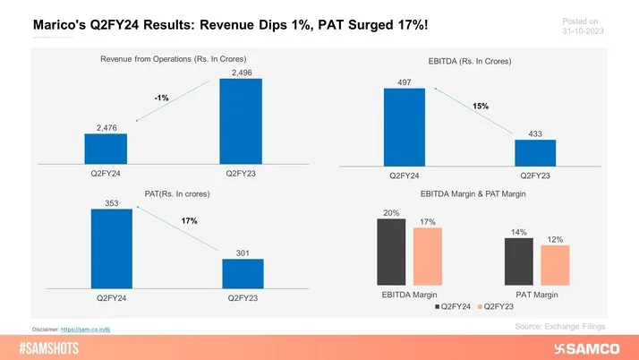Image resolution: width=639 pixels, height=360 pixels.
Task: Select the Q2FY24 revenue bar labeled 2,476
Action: tap(106, 148)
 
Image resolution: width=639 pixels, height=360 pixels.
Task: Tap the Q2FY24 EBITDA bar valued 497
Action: tap(404, 125)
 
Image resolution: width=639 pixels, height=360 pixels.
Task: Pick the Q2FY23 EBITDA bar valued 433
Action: tap(535, 151)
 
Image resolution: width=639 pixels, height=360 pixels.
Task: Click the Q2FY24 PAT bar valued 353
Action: tap(111, 247)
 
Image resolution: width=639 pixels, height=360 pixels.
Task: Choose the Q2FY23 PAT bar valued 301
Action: tap(242, 272)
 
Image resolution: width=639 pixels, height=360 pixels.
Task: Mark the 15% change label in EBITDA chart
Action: tap(481, 105)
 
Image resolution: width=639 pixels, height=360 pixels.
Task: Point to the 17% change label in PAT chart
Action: tap(189, 220)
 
